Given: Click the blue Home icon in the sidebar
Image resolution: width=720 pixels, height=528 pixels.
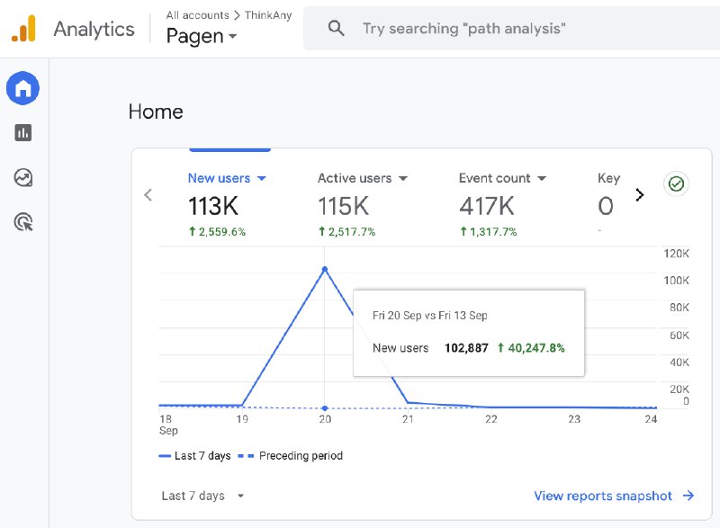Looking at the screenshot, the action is pos(22,88).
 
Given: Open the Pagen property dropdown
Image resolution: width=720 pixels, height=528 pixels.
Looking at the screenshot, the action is pos(202,36).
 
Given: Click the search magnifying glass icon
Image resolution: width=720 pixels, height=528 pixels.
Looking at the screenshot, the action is pos(336,29).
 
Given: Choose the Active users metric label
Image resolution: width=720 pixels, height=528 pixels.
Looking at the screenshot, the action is pos(355,178).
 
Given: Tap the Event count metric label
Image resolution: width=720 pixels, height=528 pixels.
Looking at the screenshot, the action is pos(494,178).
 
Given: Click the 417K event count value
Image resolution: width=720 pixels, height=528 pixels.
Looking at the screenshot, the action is pos(487,206).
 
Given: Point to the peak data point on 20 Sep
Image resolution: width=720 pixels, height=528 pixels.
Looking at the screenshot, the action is pos(325,269).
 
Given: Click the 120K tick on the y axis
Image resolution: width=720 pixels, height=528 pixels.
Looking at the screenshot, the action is pos(676,254).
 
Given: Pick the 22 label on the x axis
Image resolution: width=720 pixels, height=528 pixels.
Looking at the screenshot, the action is pos(490,419).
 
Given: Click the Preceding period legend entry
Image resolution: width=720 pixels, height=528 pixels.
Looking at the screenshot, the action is pos(290,455).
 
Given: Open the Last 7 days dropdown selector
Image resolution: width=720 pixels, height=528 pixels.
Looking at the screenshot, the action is pos(202,496).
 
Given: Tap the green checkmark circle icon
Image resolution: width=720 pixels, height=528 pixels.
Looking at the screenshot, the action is pos(676,184).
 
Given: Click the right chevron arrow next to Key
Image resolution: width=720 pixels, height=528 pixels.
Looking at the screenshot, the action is pos(640,195).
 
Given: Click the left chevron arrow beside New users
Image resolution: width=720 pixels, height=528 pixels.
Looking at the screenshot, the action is pos(148,195).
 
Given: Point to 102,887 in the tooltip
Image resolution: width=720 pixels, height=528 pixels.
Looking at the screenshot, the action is pos(466,348).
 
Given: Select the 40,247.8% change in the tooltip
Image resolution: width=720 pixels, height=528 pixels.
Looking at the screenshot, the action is pos(531,348).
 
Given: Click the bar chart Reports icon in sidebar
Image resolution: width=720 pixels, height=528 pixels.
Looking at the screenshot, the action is pos(23,133).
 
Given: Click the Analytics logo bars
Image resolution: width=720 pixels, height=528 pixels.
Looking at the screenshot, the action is pos(23,29).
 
